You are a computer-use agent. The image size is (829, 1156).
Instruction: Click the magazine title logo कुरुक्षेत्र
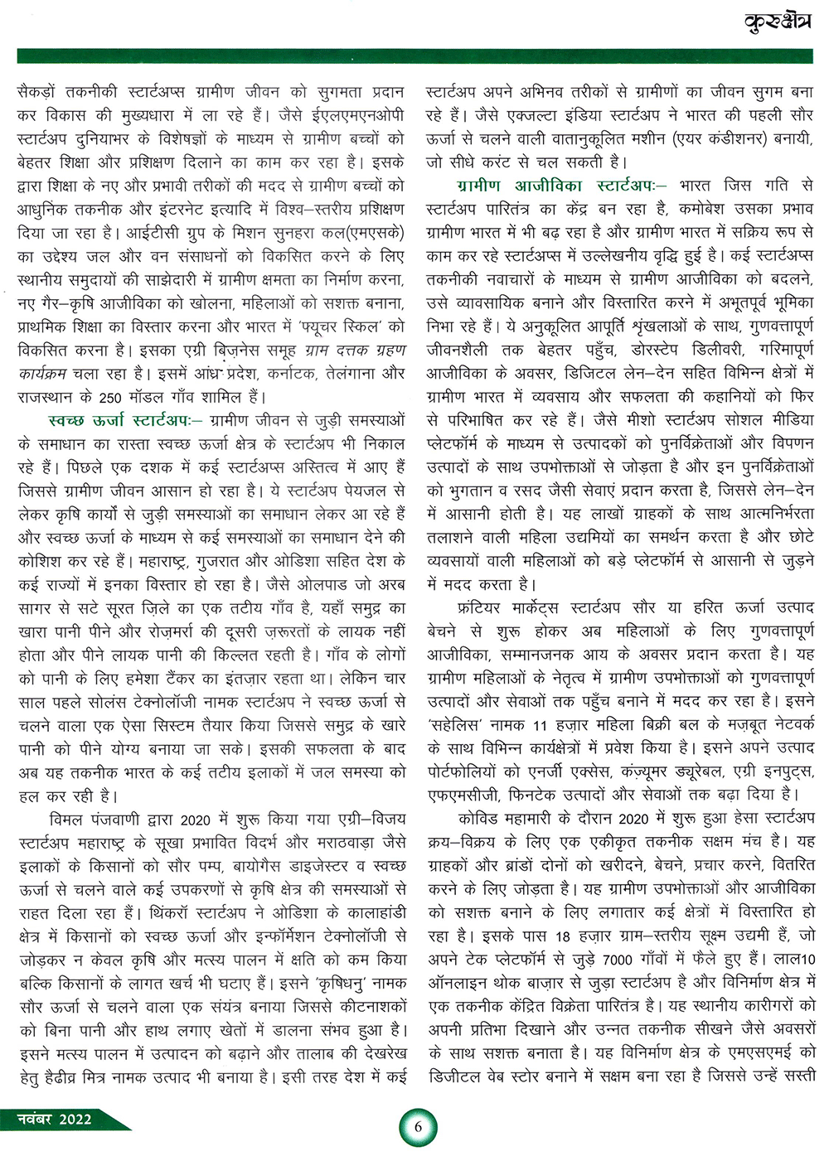[x=778, y=21]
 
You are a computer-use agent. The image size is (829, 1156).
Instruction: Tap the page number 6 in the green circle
[x=418, y=1126]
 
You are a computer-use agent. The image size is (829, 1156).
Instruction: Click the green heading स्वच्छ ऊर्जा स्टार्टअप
[x=119, y=421]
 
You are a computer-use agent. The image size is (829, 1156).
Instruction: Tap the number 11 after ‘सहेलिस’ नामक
[x=541, y=724]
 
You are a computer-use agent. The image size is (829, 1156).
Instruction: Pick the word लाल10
[x=793, y=960]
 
